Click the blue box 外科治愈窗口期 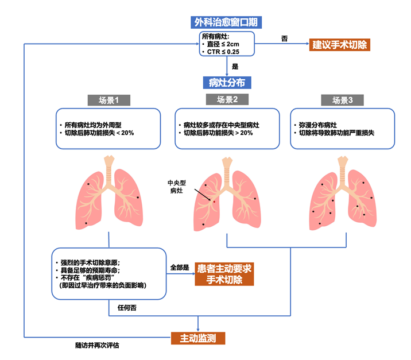click(x=226, y=23)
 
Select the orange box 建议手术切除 click(x=339, y=44)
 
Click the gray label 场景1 click(x=109, y=100)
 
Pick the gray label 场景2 click(x=227, y=100)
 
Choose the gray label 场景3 click(x=343, y=100)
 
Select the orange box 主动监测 click(x=198, y=338)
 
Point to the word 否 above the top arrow click(x=284, y=38)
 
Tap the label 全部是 click(x=180, y=268)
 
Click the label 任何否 click(x=127, y=308)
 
